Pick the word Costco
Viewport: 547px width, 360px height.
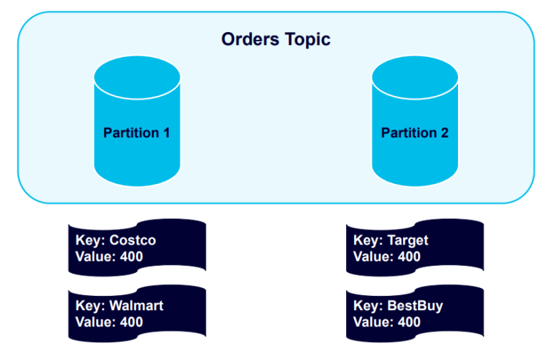(132, 240)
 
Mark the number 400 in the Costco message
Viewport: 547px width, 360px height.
(130, 257)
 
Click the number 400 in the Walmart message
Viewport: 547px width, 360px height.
(130, 322)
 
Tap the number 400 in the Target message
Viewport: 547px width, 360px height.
(407, 257)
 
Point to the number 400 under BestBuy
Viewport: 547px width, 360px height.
(407, 322)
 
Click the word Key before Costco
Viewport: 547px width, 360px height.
(89, 240)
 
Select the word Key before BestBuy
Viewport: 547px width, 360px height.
(367, 306)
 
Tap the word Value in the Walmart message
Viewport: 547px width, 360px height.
(93, 322)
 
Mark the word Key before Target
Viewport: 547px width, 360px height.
(367, 240)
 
